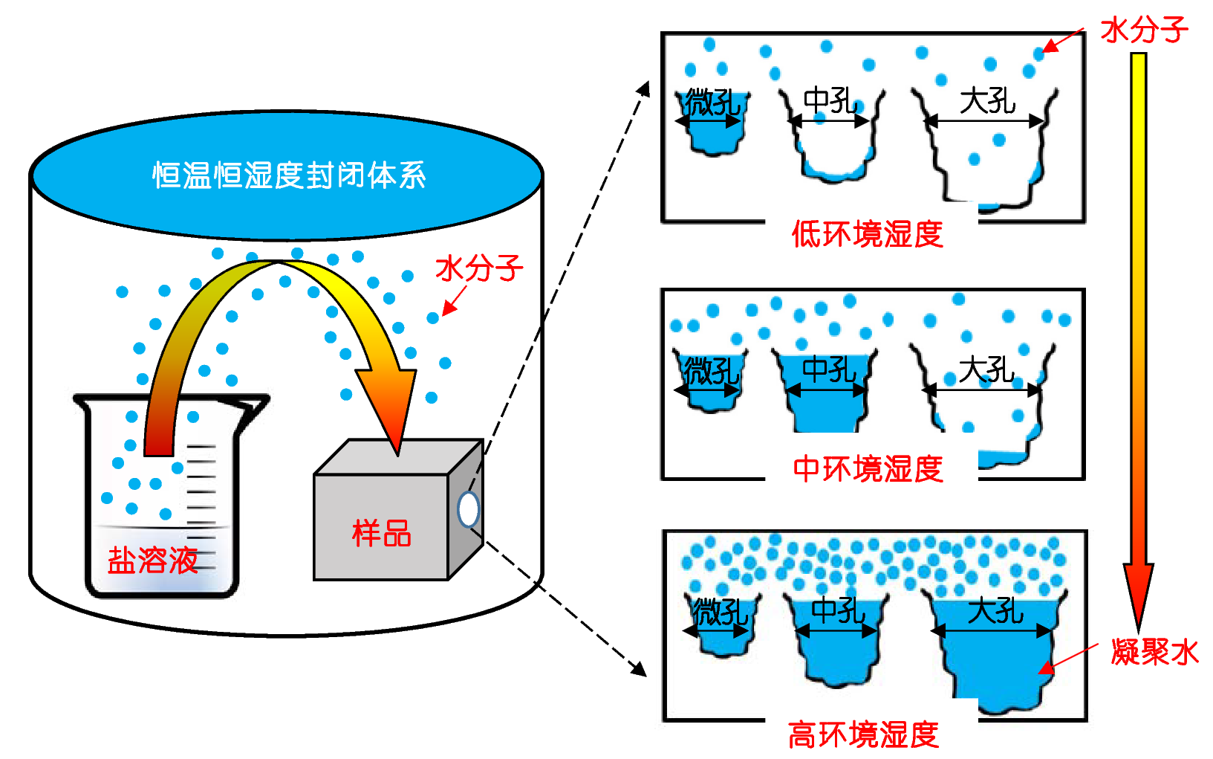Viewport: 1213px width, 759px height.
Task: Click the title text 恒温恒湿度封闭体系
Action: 289,176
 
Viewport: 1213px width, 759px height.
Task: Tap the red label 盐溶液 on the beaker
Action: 153,560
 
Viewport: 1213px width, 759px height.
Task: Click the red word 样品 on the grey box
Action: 381,533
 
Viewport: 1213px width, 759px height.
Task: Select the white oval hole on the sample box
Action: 469,509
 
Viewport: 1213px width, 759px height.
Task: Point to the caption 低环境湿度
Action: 867,235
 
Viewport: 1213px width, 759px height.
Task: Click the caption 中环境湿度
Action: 868,469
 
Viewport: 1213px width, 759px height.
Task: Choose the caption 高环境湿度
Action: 863,735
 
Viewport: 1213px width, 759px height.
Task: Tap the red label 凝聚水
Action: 1154,652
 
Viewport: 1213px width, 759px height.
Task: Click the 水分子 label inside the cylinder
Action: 479,268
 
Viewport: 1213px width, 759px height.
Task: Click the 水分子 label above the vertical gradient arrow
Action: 1144,30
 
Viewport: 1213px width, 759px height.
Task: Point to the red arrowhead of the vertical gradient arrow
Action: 1137,595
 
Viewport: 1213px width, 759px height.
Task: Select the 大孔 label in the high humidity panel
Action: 995,611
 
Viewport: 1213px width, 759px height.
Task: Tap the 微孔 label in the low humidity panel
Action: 712,102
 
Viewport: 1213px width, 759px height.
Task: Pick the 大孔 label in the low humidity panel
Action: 987,100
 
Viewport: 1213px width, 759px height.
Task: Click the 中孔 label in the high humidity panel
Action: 838,611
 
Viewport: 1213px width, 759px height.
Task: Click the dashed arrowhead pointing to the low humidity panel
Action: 643,89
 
